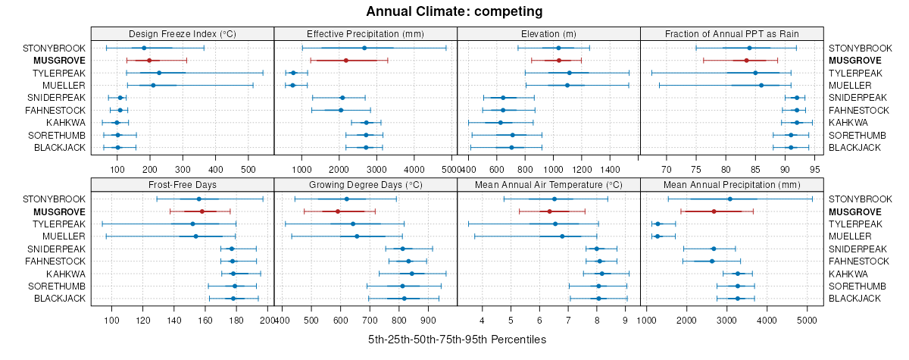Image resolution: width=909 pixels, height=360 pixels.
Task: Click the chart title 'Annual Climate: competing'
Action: point(454,11)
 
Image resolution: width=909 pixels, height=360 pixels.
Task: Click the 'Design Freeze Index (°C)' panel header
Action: point(182,34)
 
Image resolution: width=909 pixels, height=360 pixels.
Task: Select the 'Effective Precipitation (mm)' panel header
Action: point(365,34)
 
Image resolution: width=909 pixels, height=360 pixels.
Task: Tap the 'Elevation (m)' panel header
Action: point(548,34)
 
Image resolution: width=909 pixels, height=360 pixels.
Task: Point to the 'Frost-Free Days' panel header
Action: point(182,185)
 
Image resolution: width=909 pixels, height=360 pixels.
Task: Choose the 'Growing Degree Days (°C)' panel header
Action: point(365,185)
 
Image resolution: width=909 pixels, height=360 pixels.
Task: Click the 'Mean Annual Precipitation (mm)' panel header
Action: point(732,185)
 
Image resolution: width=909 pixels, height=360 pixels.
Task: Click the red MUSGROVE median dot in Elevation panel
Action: point(559,61)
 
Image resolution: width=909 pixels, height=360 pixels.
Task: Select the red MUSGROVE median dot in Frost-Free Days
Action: point(201,211)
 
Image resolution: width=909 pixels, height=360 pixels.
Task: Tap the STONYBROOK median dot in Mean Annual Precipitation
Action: point(729,199)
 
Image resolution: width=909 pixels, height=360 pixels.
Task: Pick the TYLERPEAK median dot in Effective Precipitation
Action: point(293,73)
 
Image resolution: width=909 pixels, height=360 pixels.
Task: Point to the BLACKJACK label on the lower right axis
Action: point(854,299)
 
